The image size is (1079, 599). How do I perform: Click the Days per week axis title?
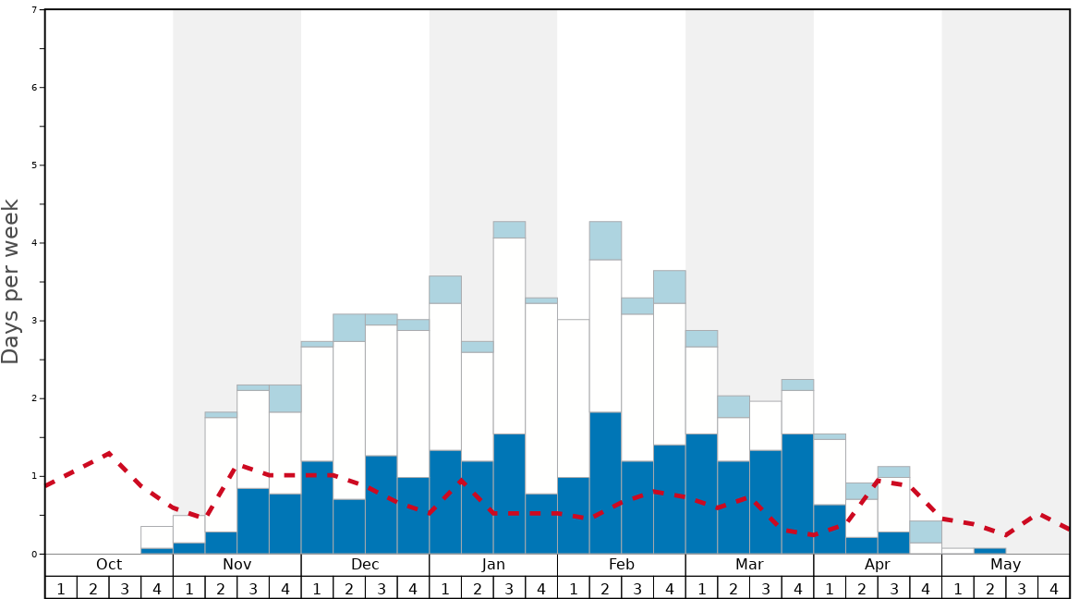coord(11,281)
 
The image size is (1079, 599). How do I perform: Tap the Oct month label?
coord(109,565)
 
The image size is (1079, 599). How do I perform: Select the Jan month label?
coord(493,565)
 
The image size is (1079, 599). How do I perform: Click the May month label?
coord(1005,565)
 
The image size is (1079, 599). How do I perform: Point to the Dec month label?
coord(365,565)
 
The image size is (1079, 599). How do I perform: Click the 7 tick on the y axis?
coord(34,10)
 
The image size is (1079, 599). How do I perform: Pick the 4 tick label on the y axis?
coord(34,243)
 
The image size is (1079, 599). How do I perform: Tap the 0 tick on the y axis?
coord(34,554)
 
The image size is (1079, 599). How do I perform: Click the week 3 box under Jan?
coord(509,588)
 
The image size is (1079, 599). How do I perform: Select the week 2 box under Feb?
coord(605,588)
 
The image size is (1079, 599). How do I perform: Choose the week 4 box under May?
coord(1053,588)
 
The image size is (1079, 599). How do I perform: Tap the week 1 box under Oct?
coord(61,588)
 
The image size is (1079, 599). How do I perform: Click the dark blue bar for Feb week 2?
coord(605,483)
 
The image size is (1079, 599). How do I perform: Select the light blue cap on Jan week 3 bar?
coord(509,229)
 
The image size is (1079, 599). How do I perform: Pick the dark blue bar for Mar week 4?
coord(797,494)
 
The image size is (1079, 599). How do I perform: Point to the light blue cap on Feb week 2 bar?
coord(605,240)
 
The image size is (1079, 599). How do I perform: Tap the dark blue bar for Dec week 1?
coord(317,507)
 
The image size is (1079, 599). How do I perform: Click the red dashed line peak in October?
coord(110,453)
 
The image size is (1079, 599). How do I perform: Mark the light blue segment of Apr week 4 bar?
coord(926,532)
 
